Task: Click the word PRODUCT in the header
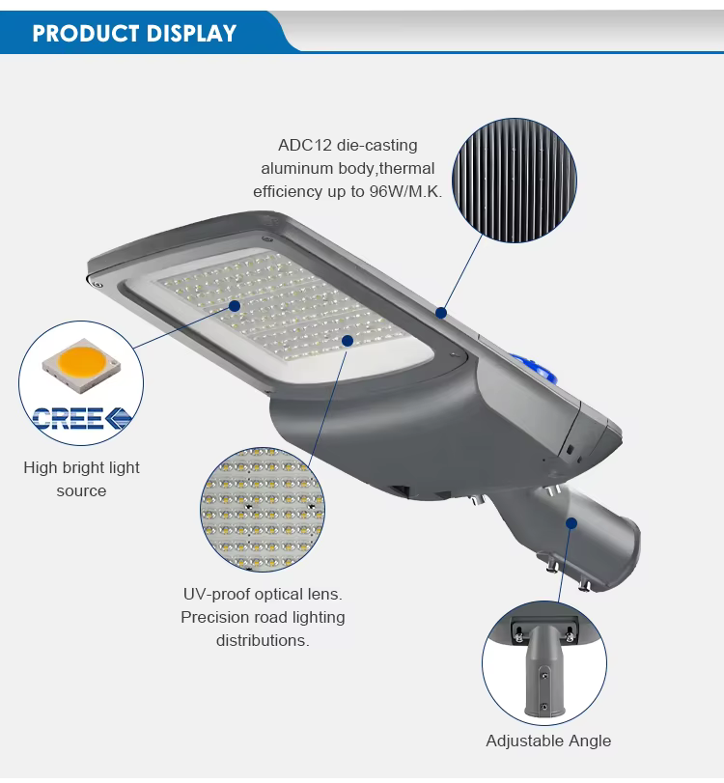coord(85,34)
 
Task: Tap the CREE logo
coord(82,418)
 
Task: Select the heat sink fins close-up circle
coord(515,181)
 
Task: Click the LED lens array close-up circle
coord(263,510)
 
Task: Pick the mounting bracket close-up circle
coord(544,663)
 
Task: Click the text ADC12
coord(305,146)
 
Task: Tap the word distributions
coord(263,640)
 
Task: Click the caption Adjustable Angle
coord(548,741)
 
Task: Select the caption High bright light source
coord(81,480)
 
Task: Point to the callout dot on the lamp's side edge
coord(441,313)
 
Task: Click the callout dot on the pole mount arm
coord(571,523)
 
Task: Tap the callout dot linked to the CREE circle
coord(235,306)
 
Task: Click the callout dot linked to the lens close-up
coord(348,341)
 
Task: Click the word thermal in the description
coord(406,169)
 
